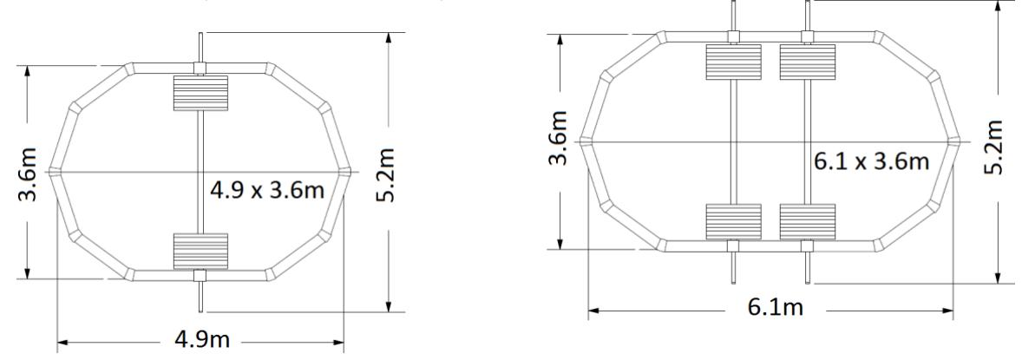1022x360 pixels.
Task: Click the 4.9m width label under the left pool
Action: pyautogui.click(x=202, y=339)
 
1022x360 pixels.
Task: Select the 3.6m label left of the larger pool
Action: pyautogui.click(x=562, y=138)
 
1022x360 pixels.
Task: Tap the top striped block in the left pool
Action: pyautogui.click(x=200, y=92)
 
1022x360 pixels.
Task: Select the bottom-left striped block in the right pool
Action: pyautogui.click(x=733, y=221)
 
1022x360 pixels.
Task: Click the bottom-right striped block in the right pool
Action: pyautogui.click(x=808, y=221)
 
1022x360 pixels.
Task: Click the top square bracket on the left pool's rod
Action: pyautogui.click(x=200, y=68)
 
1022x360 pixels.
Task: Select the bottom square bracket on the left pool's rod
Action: pyautogui.click(x=200, y=276)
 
